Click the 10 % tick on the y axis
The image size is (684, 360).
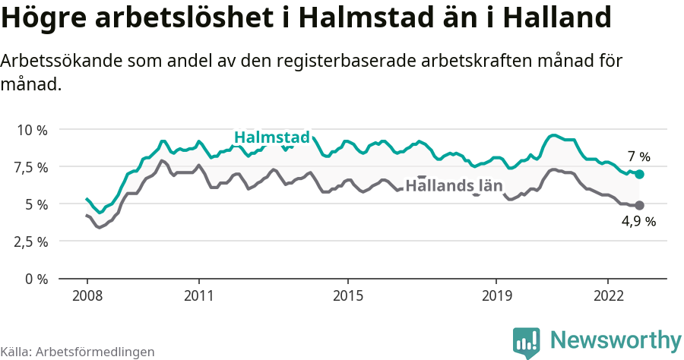(x=32, y=130)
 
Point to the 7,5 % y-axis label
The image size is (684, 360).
(x=32, y=167)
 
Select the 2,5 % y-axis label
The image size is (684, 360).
(x=32, y=242)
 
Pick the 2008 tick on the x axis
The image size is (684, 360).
(x=87, y=295)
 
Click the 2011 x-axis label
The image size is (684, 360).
(x=198, y=295)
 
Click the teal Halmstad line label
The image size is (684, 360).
(x=272, y=137)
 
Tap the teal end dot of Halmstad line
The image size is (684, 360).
(x=639, y=174)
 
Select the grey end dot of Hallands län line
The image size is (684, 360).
(x=639, y=205)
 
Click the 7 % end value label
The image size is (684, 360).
(x=639, y=157)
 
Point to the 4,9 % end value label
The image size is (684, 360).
(x=639, y=222)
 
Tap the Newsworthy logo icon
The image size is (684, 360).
(x=527, y=343)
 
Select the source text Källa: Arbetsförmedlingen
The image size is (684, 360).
(x=78, y=352)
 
